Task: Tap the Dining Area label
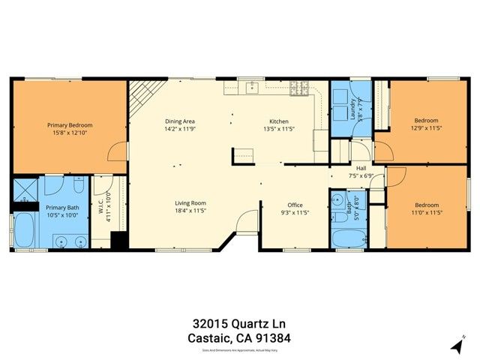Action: click(180, 121)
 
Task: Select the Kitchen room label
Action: click(279, 121)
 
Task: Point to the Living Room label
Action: click(190, 203)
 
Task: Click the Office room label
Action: click(295, 205)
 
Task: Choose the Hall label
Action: click(361, 168)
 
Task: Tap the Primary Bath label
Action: click(61, 208)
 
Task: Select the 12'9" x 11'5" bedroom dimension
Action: click(426, 128)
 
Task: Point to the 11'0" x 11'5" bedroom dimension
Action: click(426, 212)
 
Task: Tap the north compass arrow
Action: click(457, 346)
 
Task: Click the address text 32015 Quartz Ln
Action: click(239, 324)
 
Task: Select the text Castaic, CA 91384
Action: click(239, 338)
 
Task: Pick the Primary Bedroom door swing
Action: click(118, 151)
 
